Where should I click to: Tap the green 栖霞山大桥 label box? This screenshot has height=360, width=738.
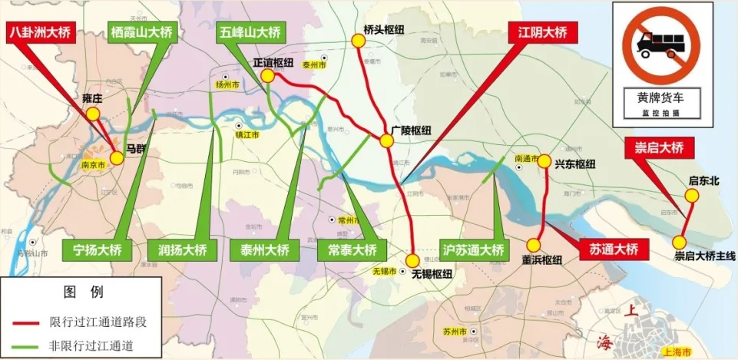click(142, 33)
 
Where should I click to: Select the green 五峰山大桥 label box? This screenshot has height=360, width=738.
click(250, 33)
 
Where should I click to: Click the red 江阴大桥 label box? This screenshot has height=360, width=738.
click(542, 33)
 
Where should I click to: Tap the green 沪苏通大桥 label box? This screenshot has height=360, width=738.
click(473, 249)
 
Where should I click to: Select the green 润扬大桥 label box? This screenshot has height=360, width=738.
click(177, 249)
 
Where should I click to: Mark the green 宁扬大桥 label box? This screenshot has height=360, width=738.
click(92, 249)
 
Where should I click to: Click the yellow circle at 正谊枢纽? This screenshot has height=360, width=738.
click(267, 76)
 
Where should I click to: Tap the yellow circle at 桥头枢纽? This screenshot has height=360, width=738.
click(359, 42)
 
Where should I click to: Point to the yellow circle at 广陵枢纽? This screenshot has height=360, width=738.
click(386, 140)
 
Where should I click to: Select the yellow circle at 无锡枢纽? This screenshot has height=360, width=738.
click(413, 259)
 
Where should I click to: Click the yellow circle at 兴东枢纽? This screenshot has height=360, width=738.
click(544, 161)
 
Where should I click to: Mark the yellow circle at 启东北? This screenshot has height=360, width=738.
click(691, 196)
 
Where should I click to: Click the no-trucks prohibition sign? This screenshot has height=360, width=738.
click(660, 46)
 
